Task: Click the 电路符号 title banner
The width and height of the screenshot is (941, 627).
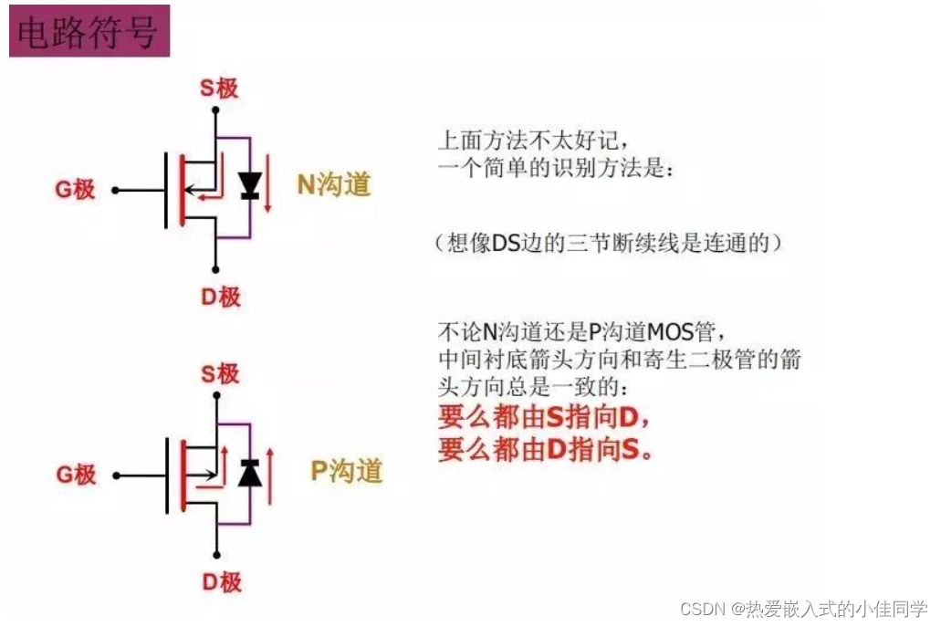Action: (x=89, y=33)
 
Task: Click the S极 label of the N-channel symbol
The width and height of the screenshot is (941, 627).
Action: (x=219, y=88)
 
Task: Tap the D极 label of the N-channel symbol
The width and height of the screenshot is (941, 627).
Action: (x=220, y=297)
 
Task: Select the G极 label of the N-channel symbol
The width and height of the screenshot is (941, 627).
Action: (x=76, y=190)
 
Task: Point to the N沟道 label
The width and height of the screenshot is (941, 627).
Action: (x=334, y=184)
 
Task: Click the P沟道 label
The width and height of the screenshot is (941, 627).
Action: (x=346, y=471)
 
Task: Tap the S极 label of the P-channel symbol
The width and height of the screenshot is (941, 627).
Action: (x=220, y=373)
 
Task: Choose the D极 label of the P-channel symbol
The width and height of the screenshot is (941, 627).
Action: (x=220, y=581)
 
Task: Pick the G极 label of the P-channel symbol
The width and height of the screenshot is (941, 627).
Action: (x=76, y=475)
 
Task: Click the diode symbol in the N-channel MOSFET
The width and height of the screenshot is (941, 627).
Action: (x=249, y=186)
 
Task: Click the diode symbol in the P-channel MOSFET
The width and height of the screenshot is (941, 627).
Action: (x=249, y=473)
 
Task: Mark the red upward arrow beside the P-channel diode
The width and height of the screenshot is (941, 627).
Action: (x=268, y=473)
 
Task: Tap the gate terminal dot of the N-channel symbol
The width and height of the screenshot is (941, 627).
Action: (x=115, y=191)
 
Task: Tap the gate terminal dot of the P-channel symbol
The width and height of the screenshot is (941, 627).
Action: (x=115, y=475)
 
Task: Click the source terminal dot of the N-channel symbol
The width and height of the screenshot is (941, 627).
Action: (x=215, y=111)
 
